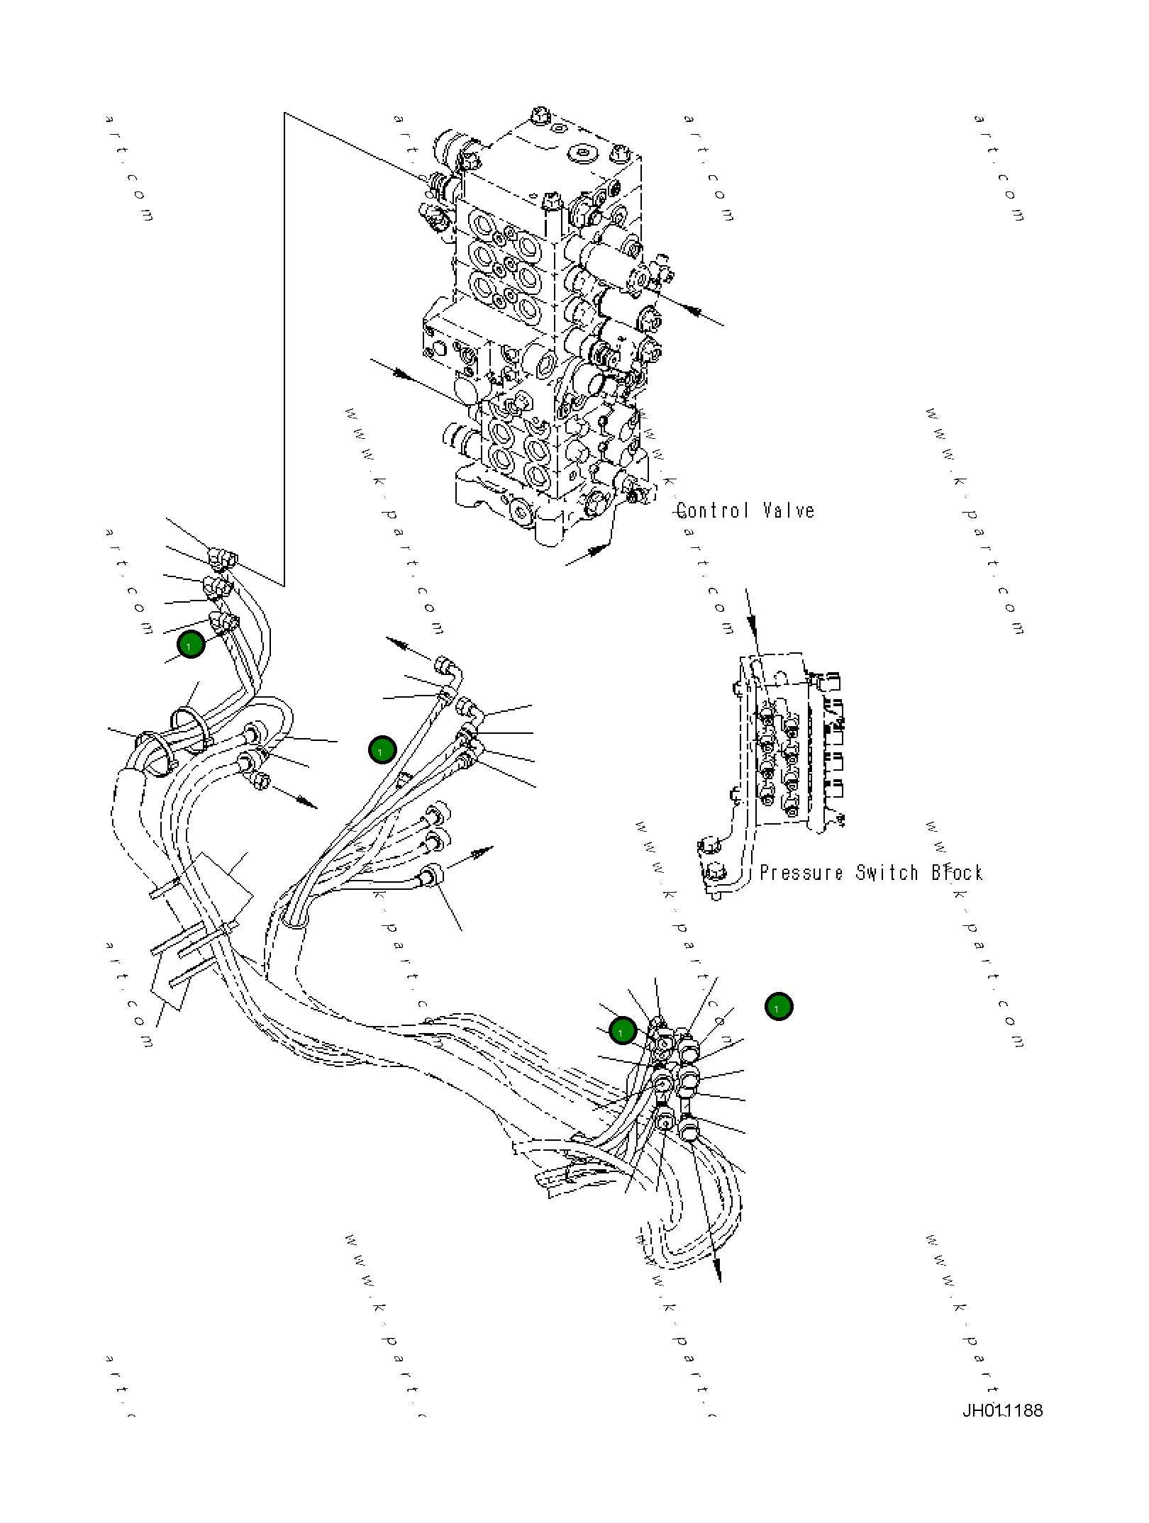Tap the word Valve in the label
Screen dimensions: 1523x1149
pyautogui.click(x=789, y=511)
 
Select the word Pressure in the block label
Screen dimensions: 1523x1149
pyautogui.click(x=801, y=873)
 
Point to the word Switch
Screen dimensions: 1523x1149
pyautogui.click(x=887, y=873)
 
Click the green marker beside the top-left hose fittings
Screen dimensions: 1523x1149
pyautogui.click(x=190, y=645)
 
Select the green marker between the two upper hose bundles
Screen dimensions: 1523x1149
pyautogui.click(x=382, y=750)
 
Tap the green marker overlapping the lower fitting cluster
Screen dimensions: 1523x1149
pyautogui.click(x=622, y=1031)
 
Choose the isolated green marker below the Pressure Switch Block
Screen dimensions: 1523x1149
pyautogui.click(x=779, y=1006)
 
